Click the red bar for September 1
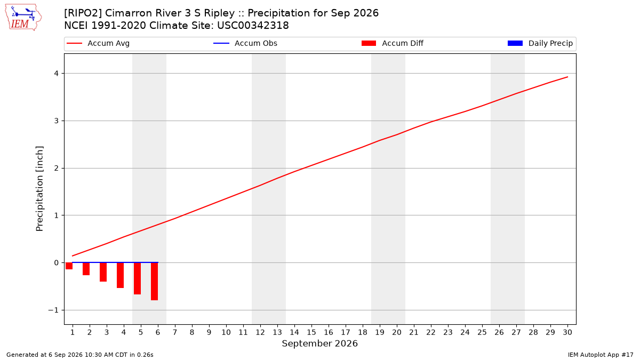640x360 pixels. pos(69,266)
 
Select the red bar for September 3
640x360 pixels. pos(103,272)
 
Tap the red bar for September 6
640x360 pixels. pos(154,282)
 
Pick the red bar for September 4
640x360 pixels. pos(121,275)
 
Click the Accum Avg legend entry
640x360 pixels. pos(98,43)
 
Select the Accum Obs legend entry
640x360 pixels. pos(245,43)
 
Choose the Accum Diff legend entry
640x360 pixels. pos(393,43)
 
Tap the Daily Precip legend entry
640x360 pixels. pos(540,43)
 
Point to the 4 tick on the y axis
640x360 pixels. pos(57,74)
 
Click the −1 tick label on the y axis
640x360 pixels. pos(53,310)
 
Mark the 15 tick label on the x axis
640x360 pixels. pos(311,332)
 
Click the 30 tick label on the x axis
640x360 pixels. pos(567,332)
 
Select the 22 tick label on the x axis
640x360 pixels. pos(431,332)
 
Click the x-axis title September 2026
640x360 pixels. pos(319,343)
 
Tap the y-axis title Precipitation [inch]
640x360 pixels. pos(39,189)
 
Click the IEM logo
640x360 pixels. pos(23,18)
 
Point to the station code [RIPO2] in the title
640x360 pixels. pos(83,13)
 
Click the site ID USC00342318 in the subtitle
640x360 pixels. pos(253,26)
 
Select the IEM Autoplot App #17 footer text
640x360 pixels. pos(601,355)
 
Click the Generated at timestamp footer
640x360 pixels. pos(79,355)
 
